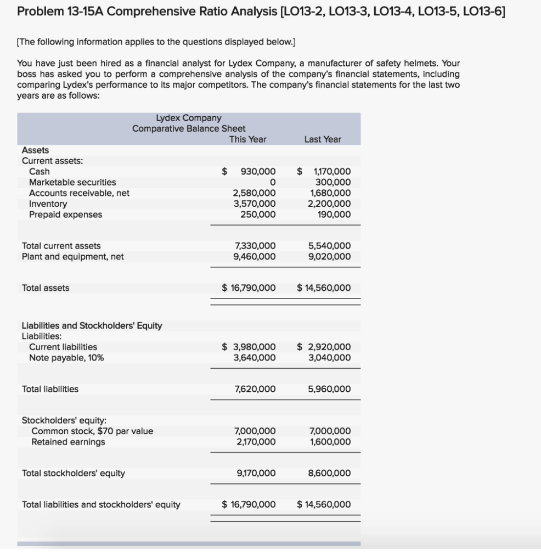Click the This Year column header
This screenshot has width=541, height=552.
point(247,139)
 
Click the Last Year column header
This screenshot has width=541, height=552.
point(323,139)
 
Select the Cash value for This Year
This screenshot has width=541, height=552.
point(258,171)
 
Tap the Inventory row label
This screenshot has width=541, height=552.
point(48,204)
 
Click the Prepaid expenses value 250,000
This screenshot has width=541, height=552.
point(258,215)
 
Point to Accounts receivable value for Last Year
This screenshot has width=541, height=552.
point(330,193)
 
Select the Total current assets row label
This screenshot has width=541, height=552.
point(61,246)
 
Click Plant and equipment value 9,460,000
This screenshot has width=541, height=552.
point(255,256)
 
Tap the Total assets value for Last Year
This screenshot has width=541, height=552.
point(324,288)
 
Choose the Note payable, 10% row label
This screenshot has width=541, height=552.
point(66,358)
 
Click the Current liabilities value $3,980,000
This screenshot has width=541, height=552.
point(249,347)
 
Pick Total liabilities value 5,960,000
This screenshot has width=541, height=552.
point(330,389)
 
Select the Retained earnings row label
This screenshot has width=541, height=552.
point(68,442)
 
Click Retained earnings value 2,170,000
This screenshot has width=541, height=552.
point(255,442)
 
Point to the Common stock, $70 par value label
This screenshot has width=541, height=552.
point(92,431)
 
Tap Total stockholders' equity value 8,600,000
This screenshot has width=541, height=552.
point(330,473)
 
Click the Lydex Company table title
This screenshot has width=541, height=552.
point(189,118)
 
